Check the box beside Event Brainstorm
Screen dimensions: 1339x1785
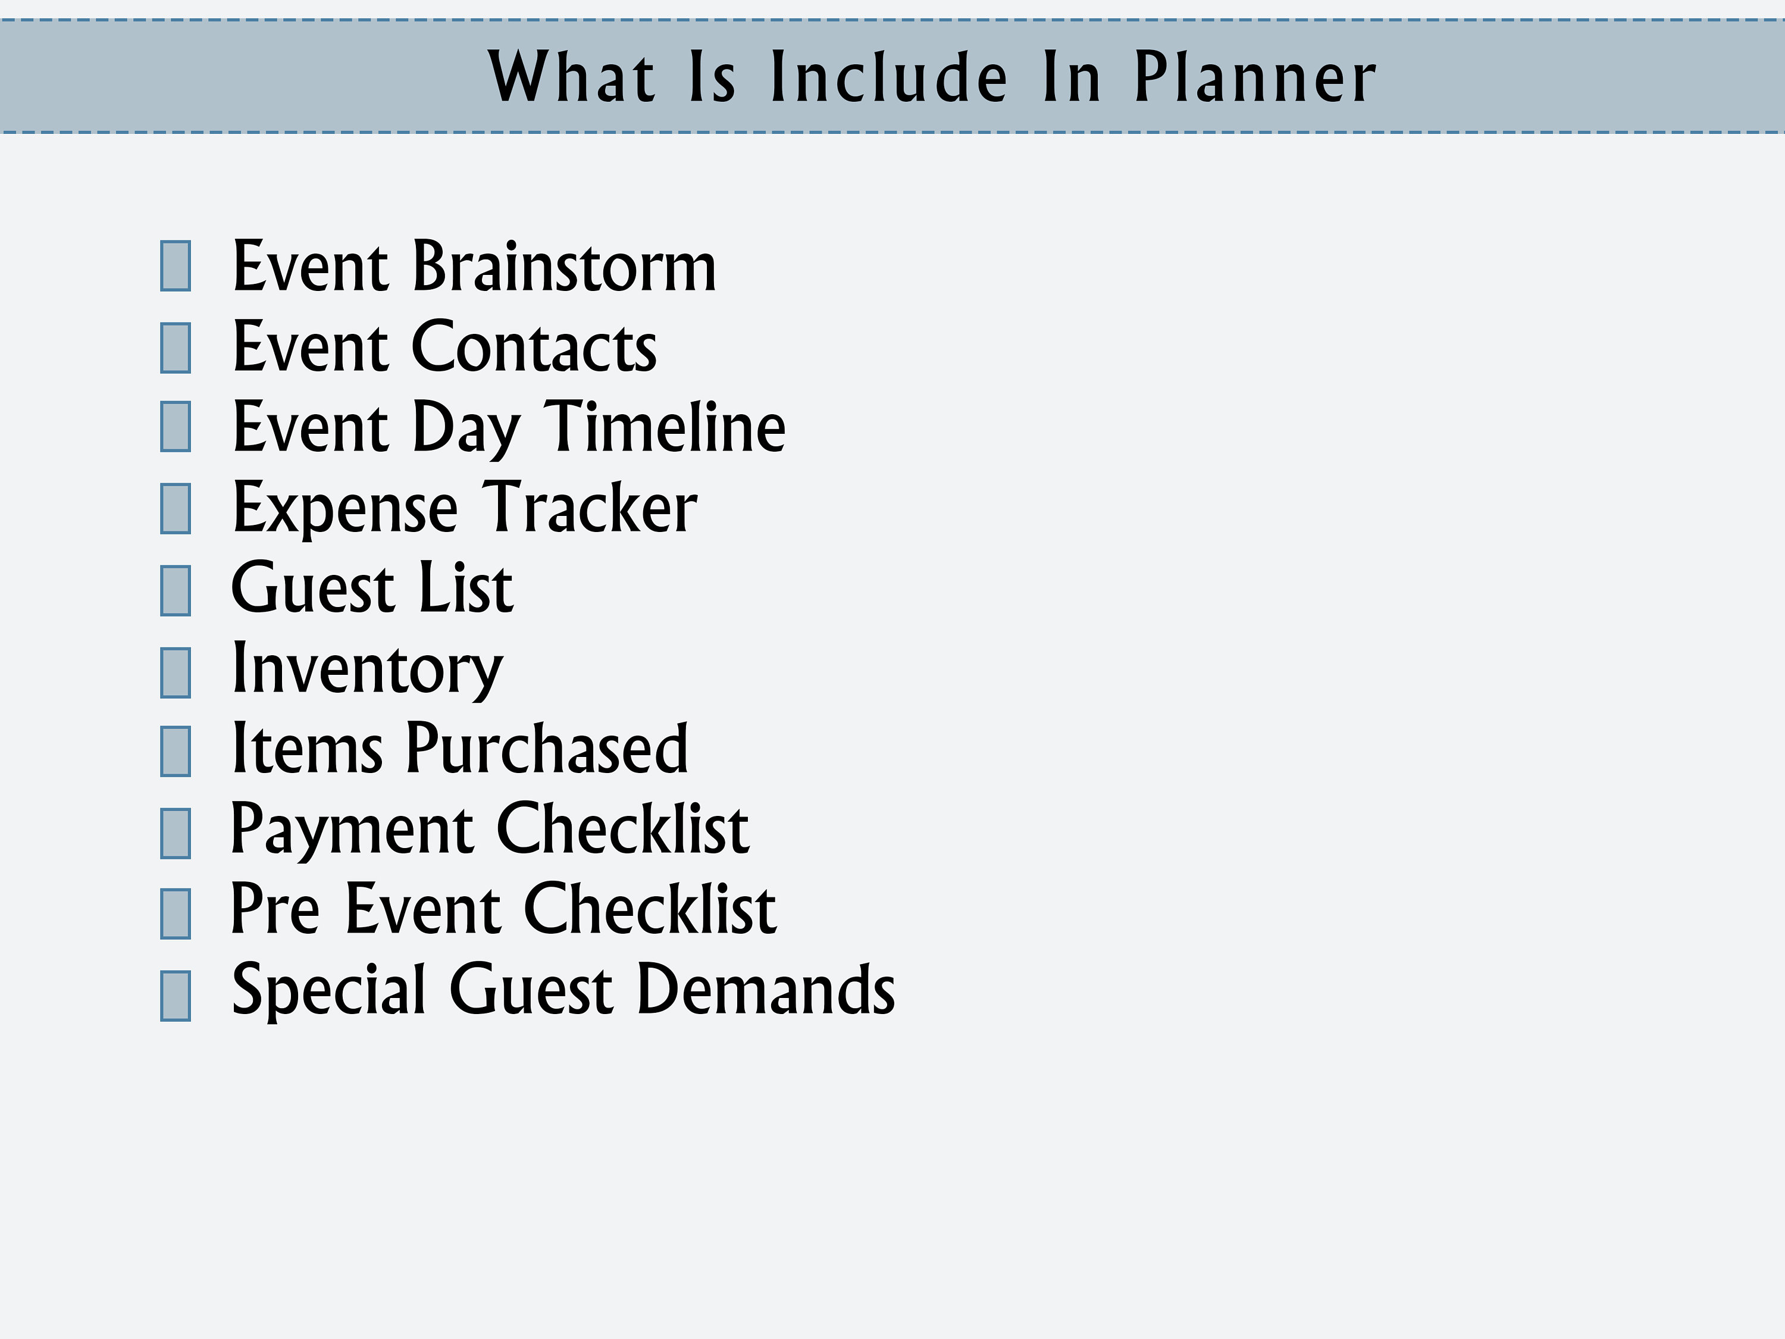click(175, 265)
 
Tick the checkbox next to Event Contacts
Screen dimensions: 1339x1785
click(175, 348)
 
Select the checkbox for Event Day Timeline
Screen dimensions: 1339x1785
click(175, 426)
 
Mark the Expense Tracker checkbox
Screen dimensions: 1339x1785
click(175, 508)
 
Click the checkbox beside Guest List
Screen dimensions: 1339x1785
click(175, 590)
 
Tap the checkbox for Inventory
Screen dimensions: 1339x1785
click(175, 672)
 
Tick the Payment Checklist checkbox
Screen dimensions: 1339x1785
click(175, 833)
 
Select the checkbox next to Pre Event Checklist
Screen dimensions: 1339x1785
click(175, 913)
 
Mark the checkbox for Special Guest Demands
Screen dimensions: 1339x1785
click(175, 995)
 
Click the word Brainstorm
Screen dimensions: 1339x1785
click(564, 267)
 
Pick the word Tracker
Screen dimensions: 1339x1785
click(589, 508)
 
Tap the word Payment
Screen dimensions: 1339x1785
click(352, 830)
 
